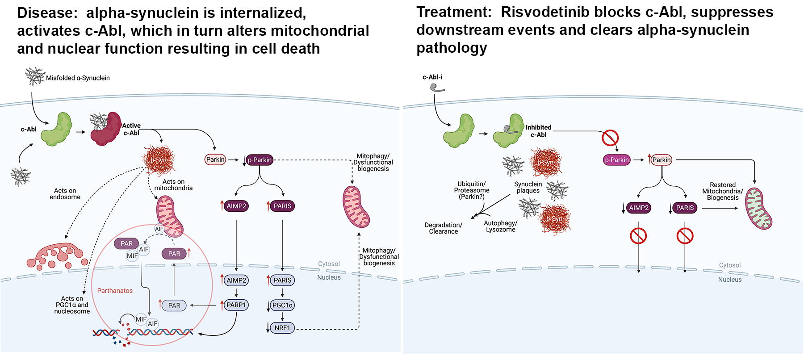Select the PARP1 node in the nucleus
[x=236, y=305]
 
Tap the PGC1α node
[x=282, y=306]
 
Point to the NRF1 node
[x=282, y=328]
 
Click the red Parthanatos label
[x=115, y=291]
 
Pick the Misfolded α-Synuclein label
[x=78, y=78]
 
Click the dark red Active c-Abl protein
[x=106, y=129]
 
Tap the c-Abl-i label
[x=432, y=77]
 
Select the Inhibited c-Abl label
[x=538, y=131]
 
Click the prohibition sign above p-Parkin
[x=610, y=138]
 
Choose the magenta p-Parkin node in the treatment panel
[x=617, y=160]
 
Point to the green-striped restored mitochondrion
[x=758, y=209]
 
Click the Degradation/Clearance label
[x=443, y=228]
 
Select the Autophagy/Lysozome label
[x=500, y=226]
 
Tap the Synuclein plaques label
[x=528, y=188]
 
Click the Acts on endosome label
[x=65, y=194]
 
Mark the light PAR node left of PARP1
[x=174, y=306]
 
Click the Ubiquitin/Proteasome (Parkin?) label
[x=472, y=190]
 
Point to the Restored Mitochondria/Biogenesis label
[x=723, y=191]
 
